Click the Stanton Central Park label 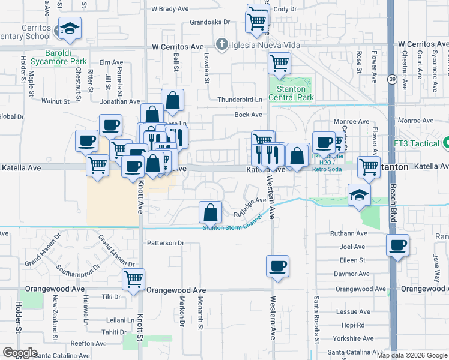tap(291, 93)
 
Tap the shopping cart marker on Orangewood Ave tap(133, 278)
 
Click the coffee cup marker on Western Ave tap(277, 265)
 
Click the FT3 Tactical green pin tap(446, 144)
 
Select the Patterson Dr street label tap(165, 243)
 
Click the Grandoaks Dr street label tap(209, 22)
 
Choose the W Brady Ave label tap(170, 9)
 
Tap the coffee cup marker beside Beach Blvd tap(397, 245)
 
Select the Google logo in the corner tap(20, 353)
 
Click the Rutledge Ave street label tap(250, 206)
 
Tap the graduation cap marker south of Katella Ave tap(360, 195)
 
